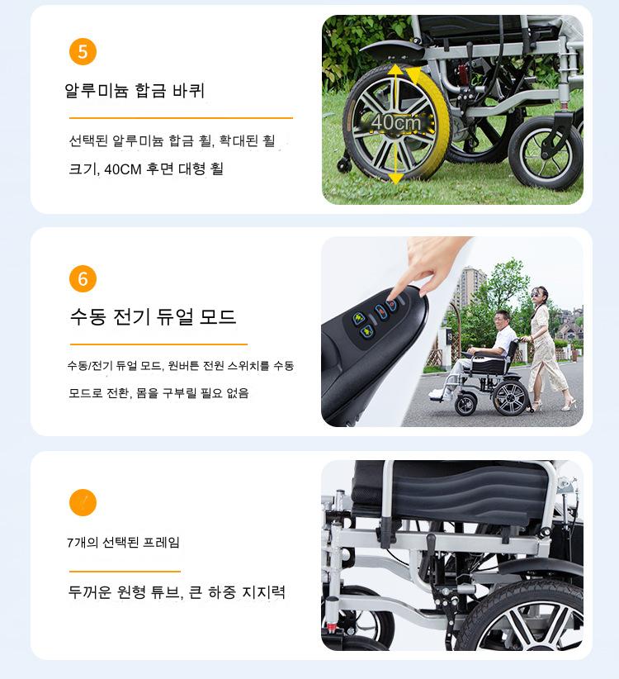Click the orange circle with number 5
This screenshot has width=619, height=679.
tap(83, 52)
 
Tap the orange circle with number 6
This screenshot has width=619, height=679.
tap(83, 279)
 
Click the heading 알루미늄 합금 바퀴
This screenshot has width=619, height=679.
tap(135, 91)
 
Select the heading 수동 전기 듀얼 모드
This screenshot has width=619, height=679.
tap(154, 316)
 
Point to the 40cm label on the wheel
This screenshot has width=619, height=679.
tap(396, 122)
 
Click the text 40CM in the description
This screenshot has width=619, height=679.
tap(123, 169)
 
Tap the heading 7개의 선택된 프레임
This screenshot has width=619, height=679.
tap(123, 542)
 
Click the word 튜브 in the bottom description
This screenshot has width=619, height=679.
tap(164, 592)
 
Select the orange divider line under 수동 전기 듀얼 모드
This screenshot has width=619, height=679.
tap(158, 344)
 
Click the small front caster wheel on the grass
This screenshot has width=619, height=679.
tap(546, 153)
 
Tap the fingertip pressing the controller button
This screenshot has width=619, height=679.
tap(393, 299)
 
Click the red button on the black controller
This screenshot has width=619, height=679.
tap(392, 305)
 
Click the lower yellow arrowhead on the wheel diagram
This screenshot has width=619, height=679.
tap(395, 178)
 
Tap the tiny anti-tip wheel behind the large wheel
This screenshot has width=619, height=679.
tap(345, 164)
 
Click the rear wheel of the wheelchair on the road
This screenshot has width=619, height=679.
tap(510, 398)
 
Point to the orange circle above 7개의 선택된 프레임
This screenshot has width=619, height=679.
tap(83, 503)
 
